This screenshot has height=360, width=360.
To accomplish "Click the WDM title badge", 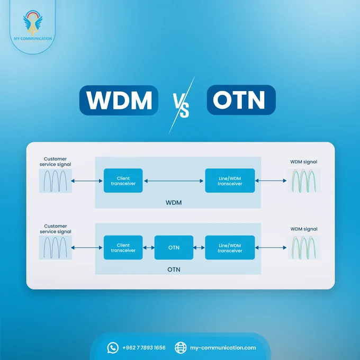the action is [x=119, y=100].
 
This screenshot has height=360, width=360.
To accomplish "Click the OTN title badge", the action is [x=241, y=100].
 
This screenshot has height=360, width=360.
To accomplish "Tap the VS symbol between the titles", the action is [x=181, y=106].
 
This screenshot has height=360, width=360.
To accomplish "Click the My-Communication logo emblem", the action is [x=33, y=22].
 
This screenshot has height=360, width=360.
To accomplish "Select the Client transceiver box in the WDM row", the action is [x=123, y=181].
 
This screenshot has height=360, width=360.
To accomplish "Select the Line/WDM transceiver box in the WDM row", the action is [x=230, y=181].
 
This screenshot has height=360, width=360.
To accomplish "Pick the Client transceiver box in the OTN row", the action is [x=123, y=248].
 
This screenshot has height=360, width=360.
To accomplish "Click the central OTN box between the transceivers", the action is [x=174, y=248].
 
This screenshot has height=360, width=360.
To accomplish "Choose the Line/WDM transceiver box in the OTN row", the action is [x=230, y=248].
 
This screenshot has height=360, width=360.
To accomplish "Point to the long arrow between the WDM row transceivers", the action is [x=174, y=181].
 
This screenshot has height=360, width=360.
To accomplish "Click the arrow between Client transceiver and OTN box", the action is [x=149, y=248].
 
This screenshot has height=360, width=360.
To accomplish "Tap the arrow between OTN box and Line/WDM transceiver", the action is [x=199, y=248].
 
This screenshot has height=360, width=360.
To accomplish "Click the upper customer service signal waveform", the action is [x=56, y=181].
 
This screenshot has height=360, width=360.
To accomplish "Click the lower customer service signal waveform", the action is [x=56, y=248].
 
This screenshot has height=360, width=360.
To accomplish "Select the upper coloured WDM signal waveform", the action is [x=304, y=181].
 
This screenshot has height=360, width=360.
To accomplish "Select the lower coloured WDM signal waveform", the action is [x=304, y=248].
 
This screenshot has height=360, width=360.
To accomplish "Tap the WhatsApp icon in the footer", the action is [x=113, y=348].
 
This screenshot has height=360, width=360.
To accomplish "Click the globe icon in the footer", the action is [x=181, y=348].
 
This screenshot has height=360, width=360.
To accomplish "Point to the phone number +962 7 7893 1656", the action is [x=144, y=348].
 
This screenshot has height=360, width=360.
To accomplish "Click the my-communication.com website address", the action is [x=223, y=348].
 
